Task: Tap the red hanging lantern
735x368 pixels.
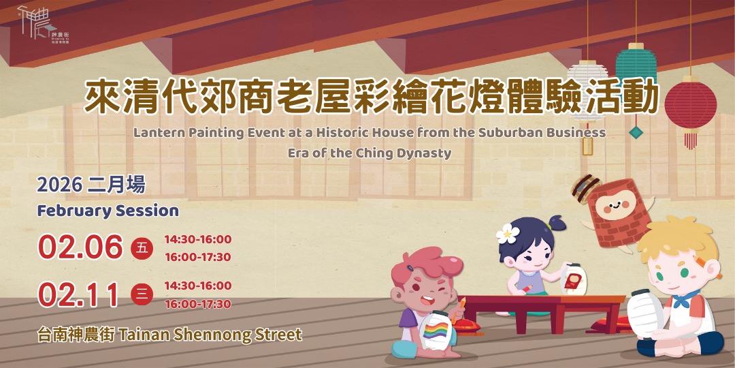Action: [690, 106]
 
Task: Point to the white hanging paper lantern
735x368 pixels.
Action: [587, 85]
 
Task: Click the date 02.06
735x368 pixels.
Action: [80, 247]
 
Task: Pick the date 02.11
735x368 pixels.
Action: [79, 294]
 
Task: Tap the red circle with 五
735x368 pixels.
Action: [142, 248]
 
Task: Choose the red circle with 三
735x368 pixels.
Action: [142, 294]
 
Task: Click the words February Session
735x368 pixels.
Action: [108, 211]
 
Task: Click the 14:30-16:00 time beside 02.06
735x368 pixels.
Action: [197, 239]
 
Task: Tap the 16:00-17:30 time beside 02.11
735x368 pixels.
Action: [197, 304]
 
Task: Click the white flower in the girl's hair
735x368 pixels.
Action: [507, 234]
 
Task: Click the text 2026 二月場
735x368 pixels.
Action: [91, 185]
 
